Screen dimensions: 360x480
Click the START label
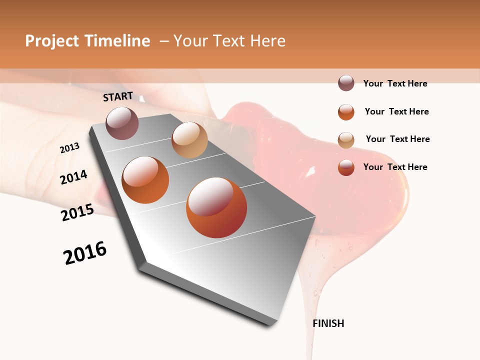(118, 96)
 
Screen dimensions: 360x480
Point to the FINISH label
(328, 323)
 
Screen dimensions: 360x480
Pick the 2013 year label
(70, 148)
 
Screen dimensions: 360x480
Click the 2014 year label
(74, 177)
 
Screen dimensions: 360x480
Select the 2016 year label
(85, 253)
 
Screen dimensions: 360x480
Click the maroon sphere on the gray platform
(122, 123)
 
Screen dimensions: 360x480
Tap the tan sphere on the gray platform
(189, 140)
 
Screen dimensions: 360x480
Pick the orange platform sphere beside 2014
(145, 179)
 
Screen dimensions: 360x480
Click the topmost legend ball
(346, 83)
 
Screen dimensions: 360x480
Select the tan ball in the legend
(346, 140)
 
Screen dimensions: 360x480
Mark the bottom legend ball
(346, 167)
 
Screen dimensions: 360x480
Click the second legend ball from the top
(346, 112)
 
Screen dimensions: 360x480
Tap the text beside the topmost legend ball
(395, 84)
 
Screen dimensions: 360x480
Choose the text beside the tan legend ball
(397, 139)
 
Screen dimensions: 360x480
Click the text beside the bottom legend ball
(395, 167)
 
